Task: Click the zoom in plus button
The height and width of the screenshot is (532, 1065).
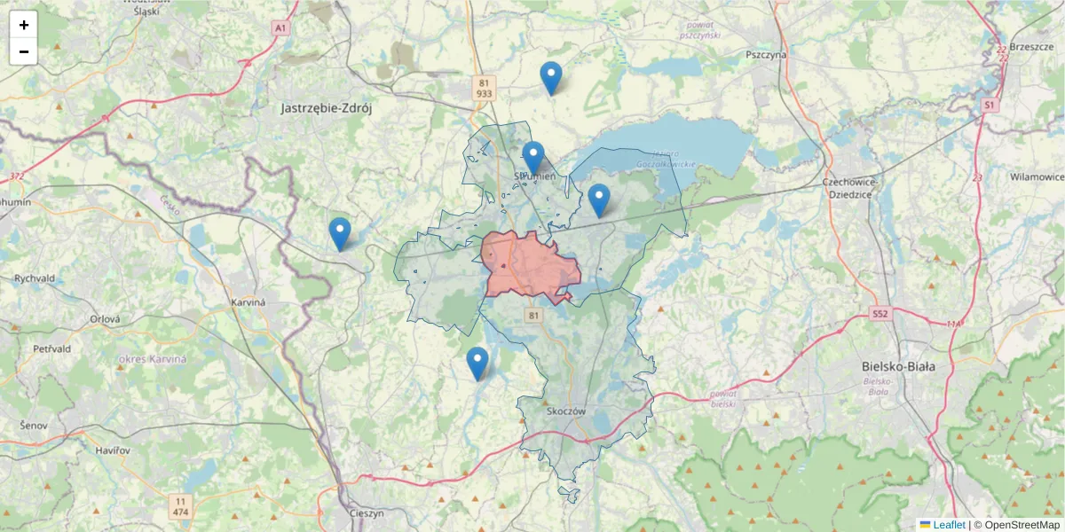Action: pyautogui.click(x=24, y=25)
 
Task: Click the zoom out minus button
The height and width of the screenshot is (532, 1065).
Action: pyautogui.click(x=24, y=51)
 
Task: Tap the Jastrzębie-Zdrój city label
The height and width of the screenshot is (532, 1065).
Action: pyautogui.click(x=325, y=108)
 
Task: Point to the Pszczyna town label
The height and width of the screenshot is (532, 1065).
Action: pyautogui.click(x=767, y=54)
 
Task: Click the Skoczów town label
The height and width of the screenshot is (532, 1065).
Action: pyautogui.click(x=568, y=411)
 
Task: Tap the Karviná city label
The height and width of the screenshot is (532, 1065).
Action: pyautogui.click(x=248, y=301)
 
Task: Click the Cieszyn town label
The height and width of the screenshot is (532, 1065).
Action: pyautogui.click(x=366, y=513)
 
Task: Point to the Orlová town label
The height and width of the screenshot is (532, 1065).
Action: pyautogui.click(x=105, y=319)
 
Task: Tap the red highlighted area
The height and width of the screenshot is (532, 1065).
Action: pyautogui.click(x=531, y=266)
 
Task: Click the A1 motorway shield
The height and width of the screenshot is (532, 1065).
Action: pyautogui.click(x=281, y=28)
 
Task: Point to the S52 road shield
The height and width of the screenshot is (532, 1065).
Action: pyautogui.click(x=880, y=314)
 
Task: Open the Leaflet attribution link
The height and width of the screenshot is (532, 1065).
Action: pyautogui.click(x=949, y=525)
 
